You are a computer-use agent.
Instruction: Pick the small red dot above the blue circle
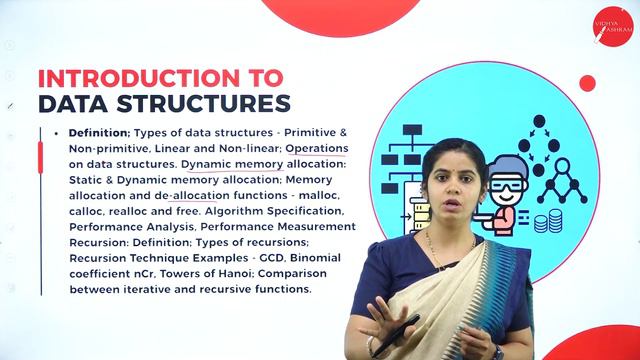click(587, 83)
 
